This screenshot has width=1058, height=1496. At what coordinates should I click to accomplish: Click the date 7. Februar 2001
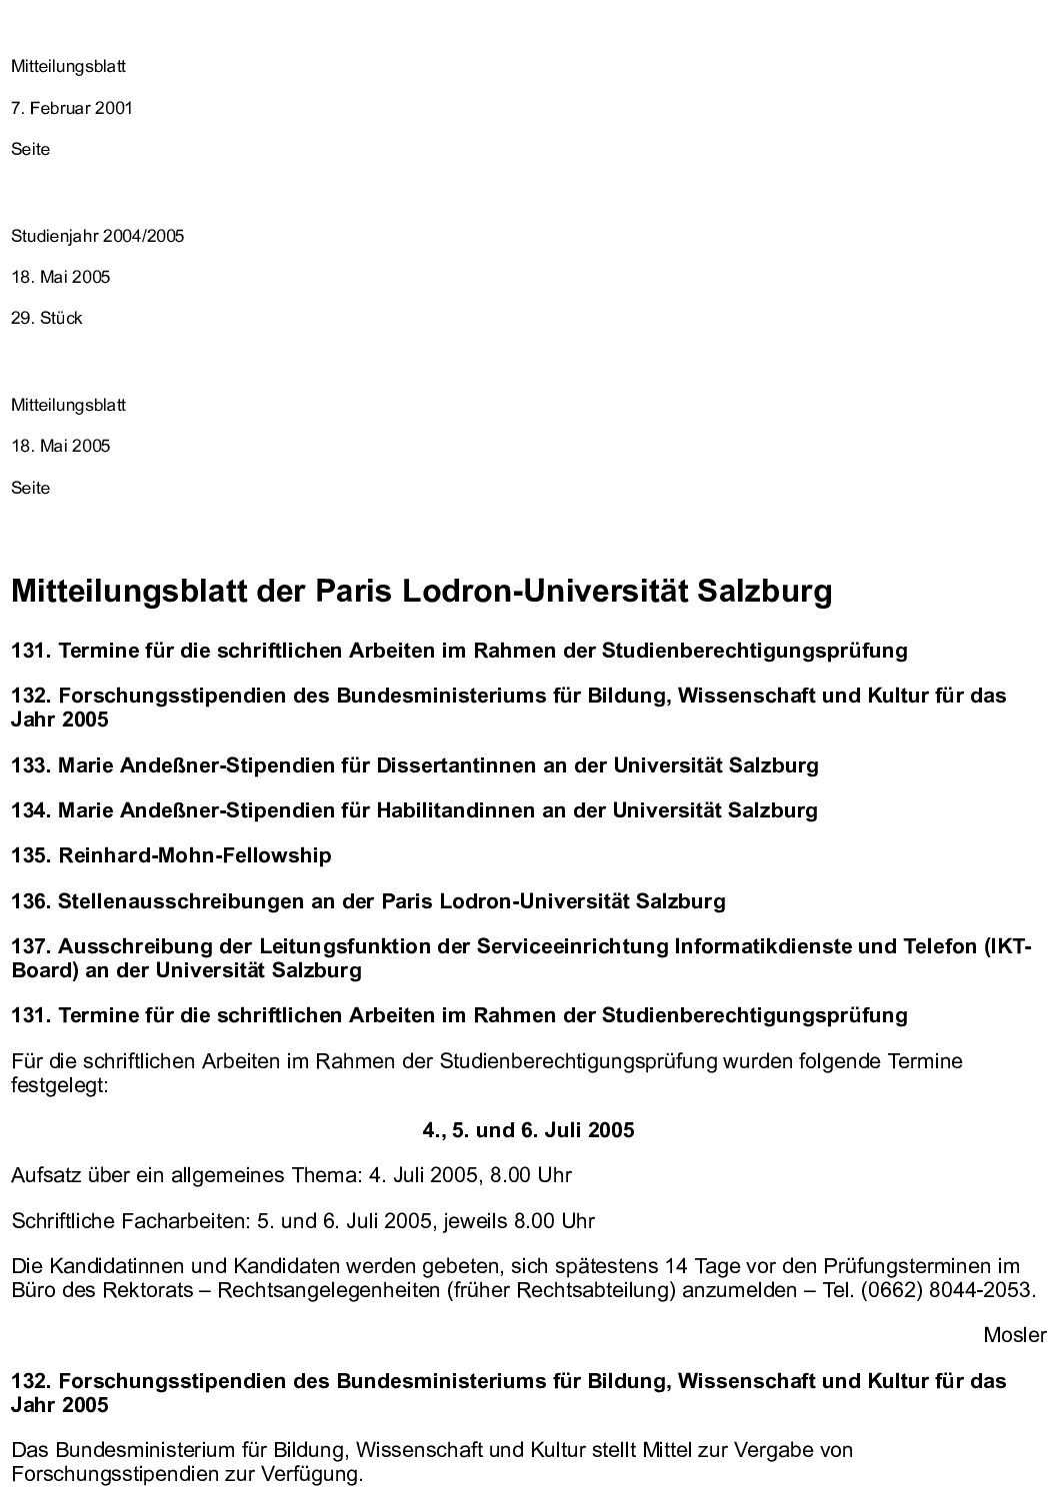click(72, 108)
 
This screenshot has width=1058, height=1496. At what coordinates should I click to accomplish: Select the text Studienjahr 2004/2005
click(98, 237)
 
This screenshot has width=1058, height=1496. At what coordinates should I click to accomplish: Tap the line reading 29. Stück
click(47, 319)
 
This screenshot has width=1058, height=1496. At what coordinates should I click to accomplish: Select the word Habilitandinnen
click(456, 810)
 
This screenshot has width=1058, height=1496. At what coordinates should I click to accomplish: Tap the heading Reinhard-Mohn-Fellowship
click(195, 856)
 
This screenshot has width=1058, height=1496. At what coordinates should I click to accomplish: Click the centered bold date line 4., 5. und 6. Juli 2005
click(528, 1131)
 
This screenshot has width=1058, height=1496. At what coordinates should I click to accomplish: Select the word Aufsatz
click(41, 1176)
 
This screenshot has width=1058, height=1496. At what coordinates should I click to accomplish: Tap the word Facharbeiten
click(165, 1221)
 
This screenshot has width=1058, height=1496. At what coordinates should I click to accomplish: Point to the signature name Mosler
click(1014, 1336)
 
